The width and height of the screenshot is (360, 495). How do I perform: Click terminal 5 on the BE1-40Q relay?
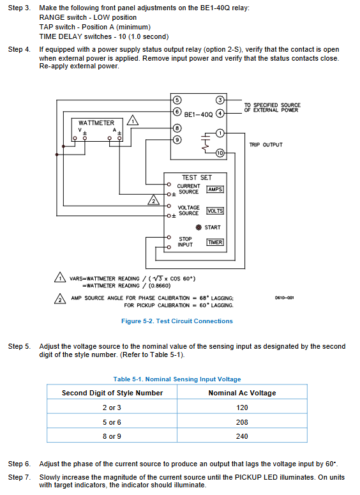click(177, 100)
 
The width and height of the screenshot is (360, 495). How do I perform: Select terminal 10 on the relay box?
click(220, 153)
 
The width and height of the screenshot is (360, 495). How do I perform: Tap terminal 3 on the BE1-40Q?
click(220, 100)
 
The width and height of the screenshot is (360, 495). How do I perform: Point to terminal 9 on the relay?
click(177, 139)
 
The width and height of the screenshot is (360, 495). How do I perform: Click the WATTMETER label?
click(96, 123)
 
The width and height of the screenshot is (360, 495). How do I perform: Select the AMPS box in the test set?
click(215, 190)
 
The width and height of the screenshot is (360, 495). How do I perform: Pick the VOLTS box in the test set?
click(215, 211)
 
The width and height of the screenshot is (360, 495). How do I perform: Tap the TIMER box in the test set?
click(215, 242)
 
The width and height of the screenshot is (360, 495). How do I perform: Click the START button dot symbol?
click(199, 227)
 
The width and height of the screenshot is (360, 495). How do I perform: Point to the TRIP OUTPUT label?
click(266, 145)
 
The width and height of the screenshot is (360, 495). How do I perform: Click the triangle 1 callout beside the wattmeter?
click(133, 121)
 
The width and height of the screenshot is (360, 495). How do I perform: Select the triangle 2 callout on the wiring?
click(154, 200)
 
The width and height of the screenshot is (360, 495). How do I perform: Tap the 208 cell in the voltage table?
click(242, 422)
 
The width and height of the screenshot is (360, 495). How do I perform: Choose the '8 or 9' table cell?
click(112, 436)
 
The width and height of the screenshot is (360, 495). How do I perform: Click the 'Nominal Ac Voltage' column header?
click(242, 393)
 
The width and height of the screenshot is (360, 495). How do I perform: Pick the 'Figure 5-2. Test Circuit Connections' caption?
click(177, 321)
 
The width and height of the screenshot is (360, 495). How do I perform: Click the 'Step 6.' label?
click(19, 464)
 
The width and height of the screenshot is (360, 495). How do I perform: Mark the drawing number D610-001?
click(284, 298)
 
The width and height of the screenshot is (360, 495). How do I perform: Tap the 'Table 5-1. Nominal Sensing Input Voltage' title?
click(177, 379)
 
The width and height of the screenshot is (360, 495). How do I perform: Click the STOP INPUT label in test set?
click(185, 242)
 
